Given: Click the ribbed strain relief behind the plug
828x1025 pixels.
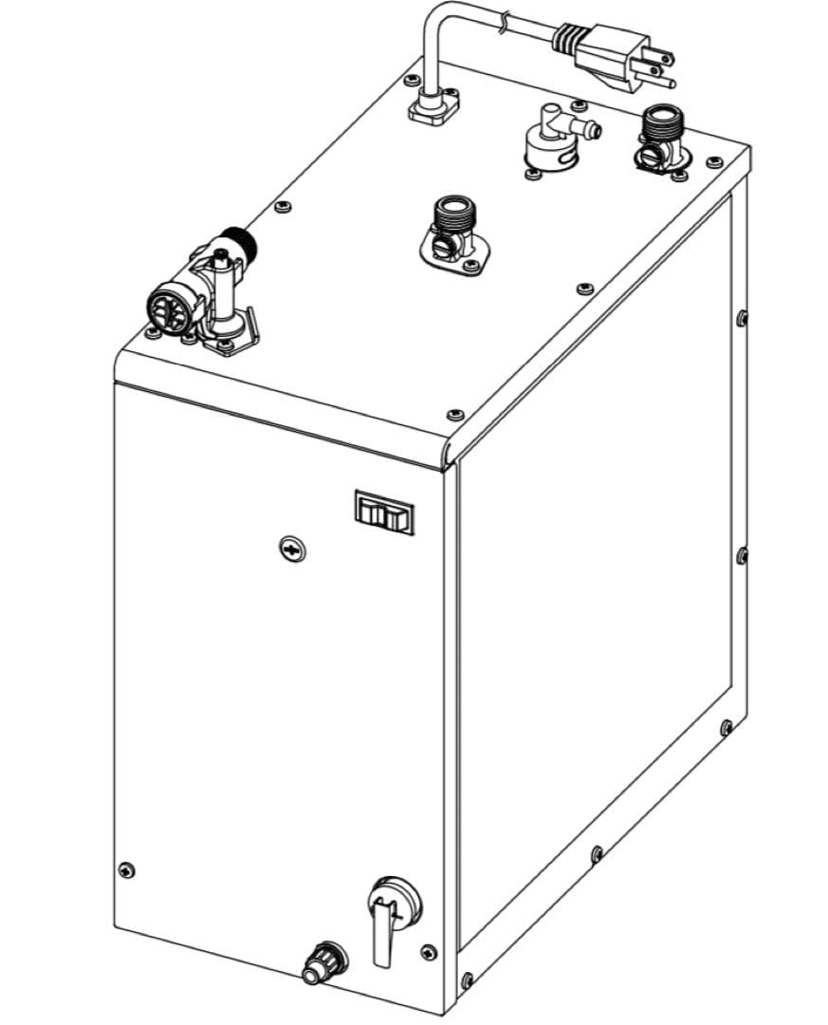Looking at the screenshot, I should (566, 38).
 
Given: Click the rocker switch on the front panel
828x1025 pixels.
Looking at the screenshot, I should (385, 512).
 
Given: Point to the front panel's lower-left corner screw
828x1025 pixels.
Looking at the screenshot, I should (127, 870).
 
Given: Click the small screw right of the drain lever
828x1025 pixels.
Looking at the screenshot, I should (430, 950).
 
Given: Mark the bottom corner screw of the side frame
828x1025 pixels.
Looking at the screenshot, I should (466, 979).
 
